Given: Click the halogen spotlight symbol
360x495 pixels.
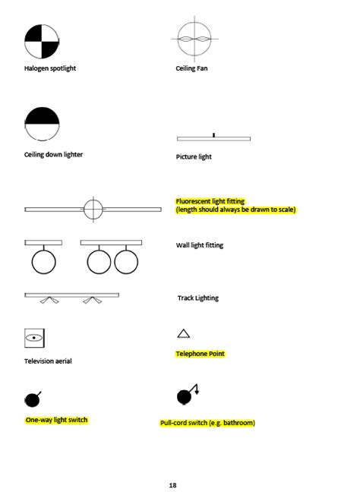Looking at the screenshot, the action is click(41, 42).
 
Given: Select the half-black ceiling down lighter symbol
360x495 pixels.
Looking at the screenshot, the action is click(42, 124).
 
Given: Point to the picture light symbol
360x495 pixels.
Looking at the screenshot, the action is click(213, 137).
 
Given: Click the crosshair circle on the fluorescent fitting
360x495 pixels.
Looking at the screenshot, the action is click(93, 208).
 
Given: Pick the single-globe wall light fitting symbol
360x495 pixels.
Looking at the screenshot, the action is click(43, 257).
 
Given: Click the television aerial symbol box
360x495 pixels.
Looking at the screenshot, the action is click(34, 336).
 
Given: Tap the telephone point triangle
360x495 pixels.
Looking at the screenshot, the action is click(183, 333).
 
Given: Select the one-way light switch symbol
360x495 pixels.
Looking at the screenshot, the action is click(33, 399).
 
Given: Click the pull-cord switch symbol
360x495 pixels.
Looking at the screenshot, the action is click(186, 396).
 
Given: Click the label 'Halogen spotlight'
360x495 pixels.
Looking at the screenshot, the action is click(50, 68).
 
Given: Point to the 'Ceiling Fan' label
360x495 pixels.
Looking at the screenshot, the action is click(191, 68).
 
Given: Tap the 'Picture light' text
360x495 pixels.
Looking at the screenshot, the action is click(194, 157).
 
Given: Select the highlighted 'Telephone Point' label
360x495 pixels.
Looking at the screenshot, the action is click(200, 354).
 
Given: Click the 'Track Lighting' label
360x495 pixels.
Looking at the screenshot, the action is click(197, 298).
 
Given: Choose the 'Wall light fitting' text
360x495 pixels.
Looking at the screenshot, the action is click(199, 245).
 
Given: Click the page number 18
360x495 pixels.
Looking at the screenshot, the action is click(173, 484).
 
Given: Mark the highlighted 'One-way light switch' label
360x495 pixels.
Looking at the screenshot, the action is click(56, 420).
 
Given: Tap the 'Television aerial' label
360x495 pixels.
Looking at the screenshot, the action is click(48, 361).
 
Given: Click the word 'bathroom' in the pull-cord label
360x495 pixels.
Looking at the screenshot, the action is click(236, 423).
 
